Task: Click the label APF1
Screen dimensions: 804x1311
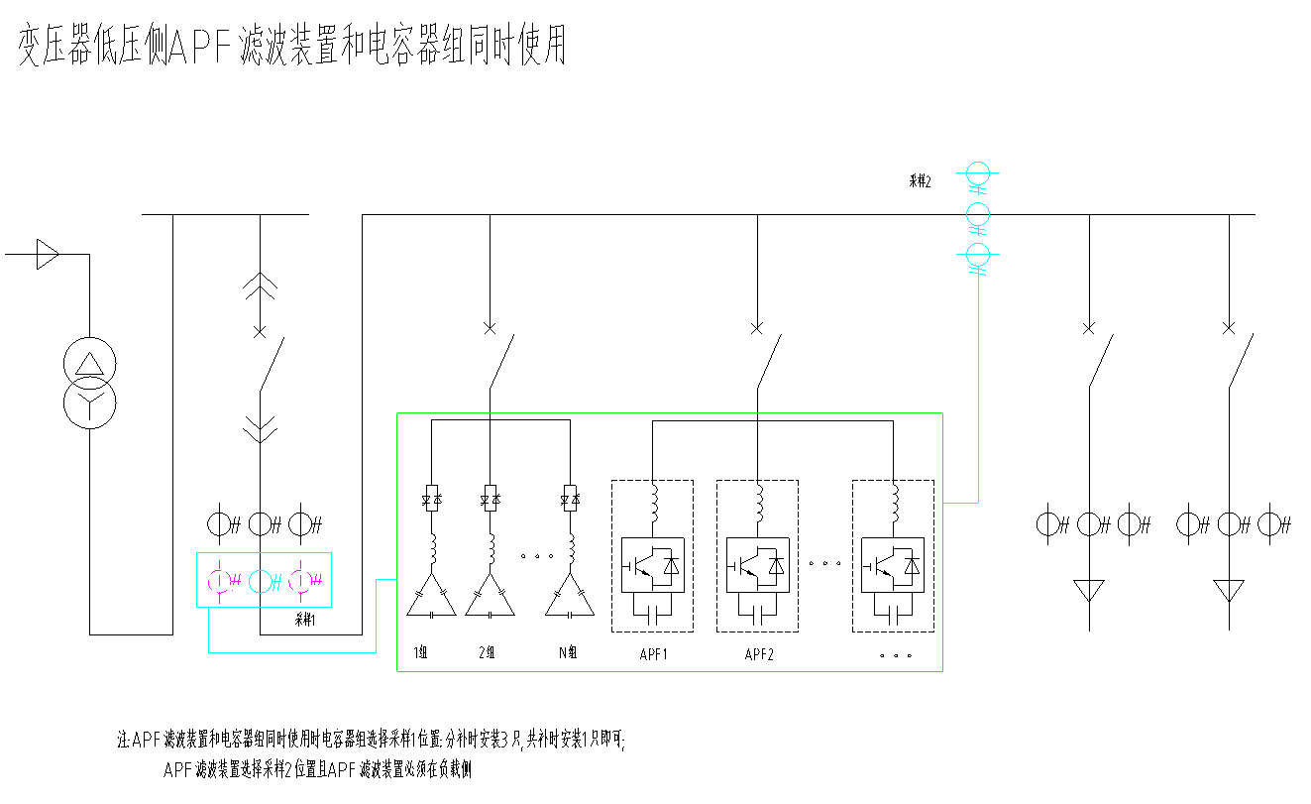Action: tap(653, 654)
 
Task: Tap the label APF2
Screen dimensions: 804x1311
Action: tap(759, 654)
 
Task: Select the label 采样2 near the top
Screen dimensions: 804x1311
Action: tap(920, 180)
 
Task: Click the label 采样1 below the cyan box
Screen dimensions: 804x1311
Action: tap(304, 620)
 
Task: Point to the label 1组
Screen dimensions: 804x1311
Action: tap(420, 653)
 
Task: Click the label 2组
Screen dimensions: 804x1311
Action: tap(487, 653)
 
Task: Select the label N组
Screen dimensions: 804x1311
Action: tap(567, 653)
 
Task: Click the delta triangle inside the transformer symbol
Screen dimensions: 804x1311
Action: tap(89, 362)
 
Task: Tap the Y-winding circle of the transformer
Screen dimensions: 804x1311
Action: tap(89, 403)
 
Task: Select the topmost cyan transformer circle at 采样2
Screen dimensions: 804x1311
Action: tap(978, 174)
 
